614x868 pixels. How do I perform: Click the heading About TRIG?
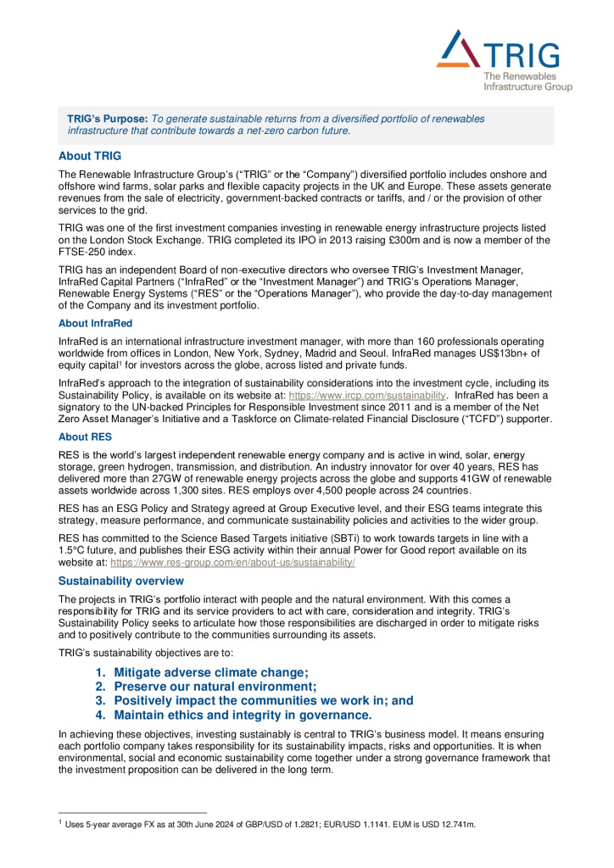[90, 156]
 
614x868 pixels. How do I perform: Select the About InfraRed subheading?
[95, 322]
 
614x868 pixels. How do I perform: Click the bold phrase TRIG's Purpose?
[107, 120]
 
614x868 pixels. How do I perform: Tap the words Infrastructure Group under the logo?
[527, 86]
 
